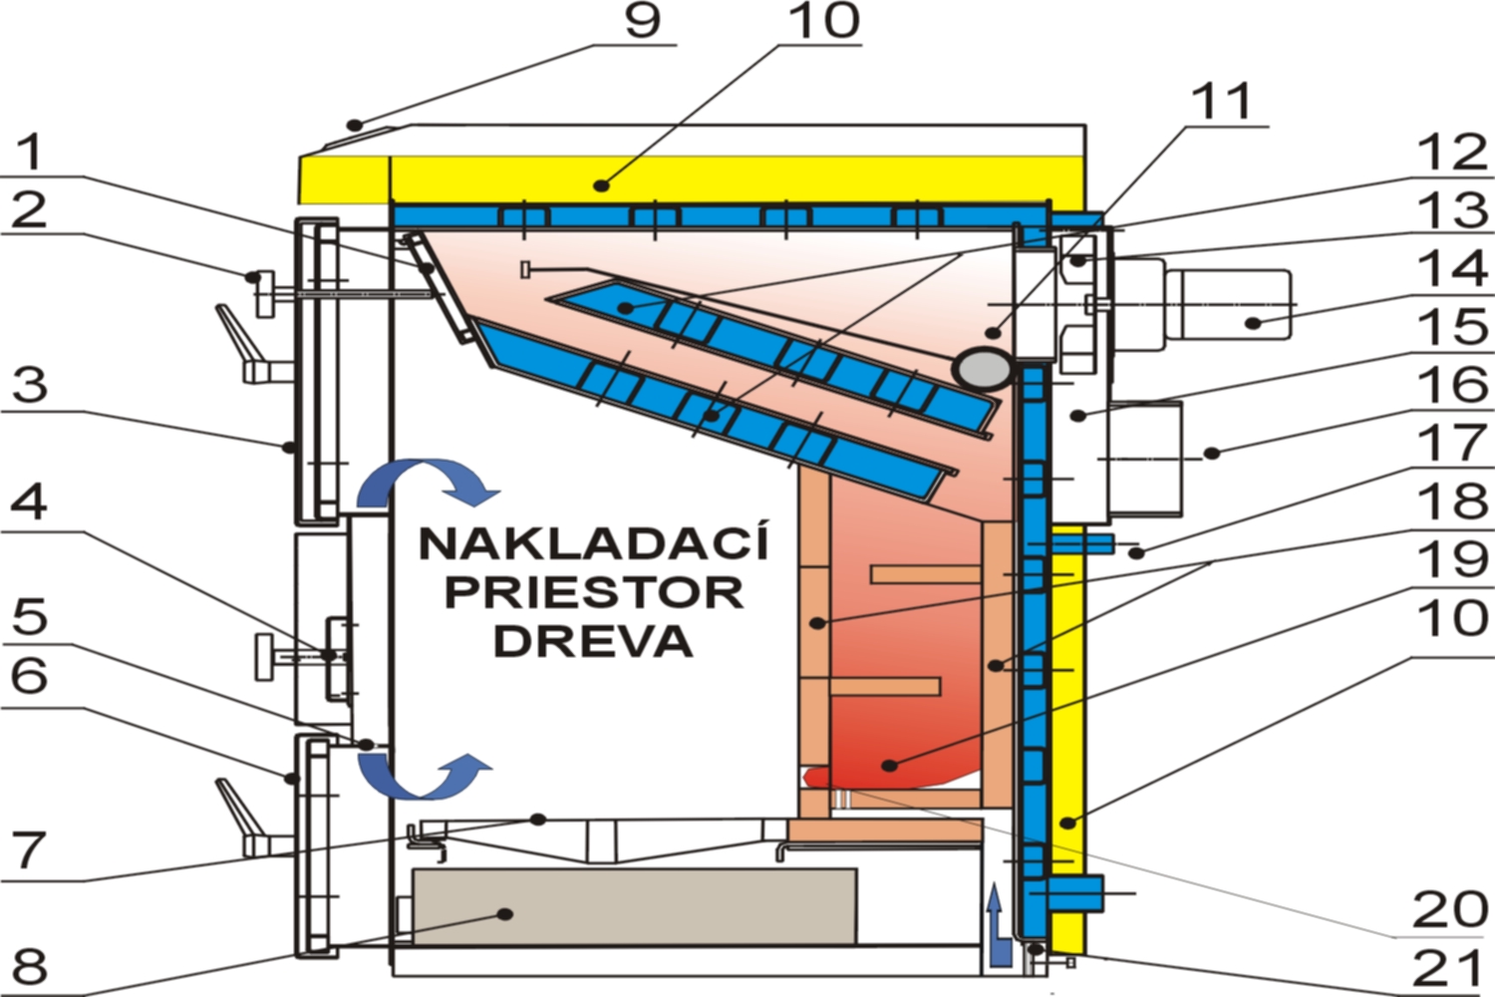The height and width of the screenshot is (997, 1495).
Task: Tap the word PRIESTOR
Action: point(593,592)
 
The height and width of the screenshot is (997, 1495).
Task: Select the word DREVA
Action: point(593,641)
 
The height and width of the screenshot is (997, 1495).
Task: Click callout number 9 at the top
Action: point(643,21)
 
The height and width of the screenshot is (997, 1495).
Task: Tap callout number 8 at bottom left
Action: point(30,966)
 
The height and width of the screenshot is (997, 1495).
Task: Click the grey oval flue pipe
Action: point(983,369)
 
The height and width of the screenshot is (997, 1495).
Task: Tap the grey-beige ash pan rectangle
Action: point(635,906)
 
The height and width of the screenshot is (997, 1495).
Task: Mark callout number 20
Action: point(1450,910)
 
